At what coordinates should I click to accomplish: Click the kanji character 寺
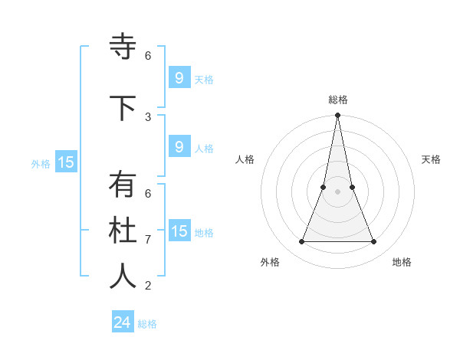tap(123, 47)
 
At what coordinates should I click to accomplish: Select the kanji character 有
tap(123, 185)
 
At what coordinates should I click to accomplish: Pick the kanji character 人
tap(123, 277)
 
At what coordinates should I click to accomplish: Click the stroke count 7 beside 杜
tap(148, 240)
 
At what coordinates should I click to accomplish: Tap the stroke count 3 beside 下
tap(148, 117)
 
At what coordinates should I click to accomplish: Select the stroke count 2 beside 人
tap(148, 286)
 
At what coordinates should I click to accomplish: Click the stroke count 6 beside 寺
tap(148, 56)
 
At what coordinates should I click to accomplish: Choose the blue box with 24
tap(122, 322)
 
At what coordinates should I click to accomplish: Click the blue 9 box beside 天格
tap(179, 77)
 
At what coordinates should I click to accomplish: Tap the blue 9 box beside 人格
tap(179, 147)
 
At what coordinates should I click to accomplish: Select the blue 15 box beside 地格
tap(179, 231)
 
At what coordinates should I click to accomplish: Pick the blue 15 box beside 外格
tap(66, 162)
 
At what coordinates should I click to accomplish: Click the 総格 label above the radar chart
tap(338, 100)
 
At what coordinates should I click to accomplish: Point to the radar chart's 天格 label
tap(432, 159)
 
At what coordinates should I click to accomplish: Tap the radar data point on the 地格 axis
tap(374, 242)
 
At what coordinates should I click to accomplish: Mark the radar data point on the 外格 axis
tap(301, 242)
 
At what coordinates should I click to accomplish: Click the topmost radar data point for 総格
tap(338, 116)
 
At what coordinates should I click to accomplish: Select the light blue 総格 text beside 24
tap(147, 324)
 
